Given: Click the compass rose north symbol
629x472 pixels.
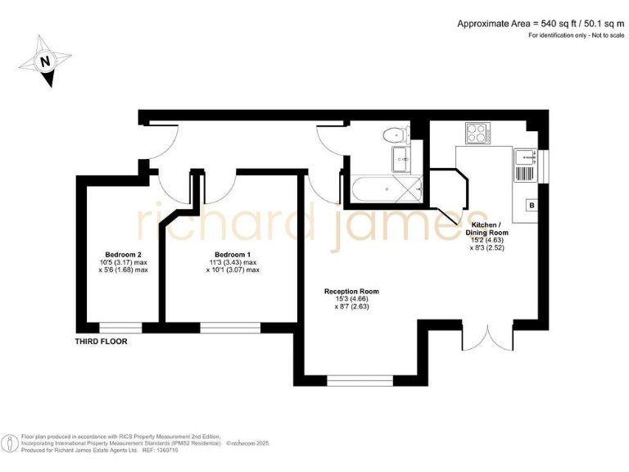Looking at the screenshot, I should pyautogui.click(x=47, y=61).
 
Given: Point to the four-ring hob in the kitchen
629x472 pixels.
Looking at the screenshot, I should pyautogui.click(x=476, y=131).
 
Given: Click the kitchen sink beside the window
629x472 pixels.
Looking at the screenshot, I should pyautogui.click(x=523, y=166).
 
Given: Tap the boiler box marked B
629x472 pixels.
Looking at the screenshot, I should pyautogui.click(x=532, y=204).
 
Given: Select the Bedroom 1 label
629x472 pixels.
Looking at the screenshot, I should pyautogui.click(x=232, y=254).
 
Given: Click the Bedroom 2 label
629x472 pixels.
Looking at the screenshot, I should pyautogui.click(x=124, y=254).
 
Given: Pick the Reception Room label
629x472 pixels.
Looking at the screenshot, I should pyautogui.click(x=351, y=291).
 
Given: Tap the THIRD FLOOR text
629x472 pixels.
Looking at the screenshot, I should pyautogui.click(x=102, y=341).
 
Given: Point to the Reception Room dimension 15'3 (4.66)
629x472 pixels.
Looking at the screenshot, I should pyautogui.click(x=351, y=299).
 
